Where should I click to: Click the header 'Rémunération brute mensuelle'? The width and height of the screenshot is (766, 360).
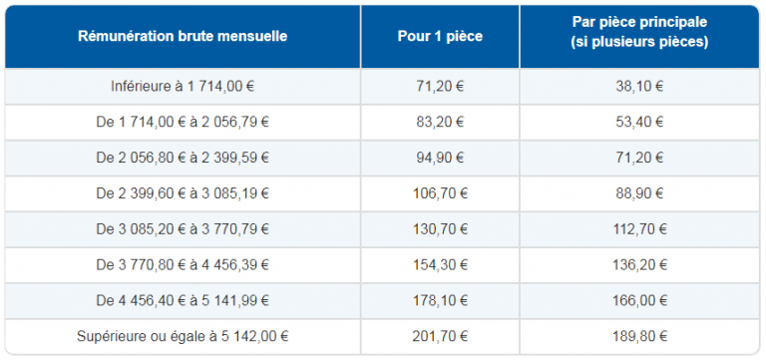(183, 36)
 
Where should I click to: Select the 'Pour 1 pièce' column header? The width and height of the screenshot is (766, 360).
(440, 36)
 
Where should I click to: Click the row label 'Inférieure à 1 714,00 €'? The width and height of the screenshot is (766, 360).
(183, 86)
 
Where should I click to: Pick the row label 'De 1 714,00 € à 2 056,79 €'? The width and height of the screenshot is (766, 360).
(183, 122)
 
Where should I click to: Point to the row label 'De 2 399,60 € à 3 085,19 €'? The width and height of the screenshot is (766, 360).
(183, 192)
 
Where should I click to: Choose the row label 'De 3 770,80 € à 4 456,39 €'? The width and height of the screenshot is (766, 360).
(183, 264)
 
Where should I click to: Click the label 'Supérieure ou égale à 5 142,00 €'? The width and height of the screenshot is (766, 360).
(183, 336)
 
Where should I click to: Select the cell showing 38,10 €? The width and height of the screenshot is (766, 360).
(640, 86)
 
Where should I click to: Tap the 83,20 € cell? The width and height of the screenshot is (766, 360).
(440, 122)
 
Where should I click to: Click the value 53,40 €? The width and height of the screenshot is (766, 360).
(640, 122)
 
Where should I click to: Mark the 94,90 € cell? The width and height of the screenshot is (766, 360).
(440, 158)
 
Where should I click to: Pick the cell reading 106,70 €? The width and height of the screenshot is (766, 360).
(440, 192)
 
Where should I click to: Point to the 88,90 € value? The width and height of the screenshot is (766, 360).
(640, 192)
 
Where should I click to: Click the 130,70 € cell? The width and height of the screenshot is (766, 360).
(440, 228)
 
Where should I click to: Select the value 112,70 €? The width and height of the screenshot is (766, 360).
(640, 228)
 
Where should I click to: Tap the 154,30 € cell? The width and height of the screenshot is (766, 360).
(440, 264)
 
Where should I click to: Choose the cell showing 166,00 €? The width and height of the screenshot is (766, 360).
(640, 300)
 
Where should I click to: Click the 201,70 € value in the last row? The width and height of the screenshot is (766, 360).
(440, 336)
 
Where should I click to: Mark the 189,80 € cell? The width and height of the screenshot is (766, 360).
(640, 336)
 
